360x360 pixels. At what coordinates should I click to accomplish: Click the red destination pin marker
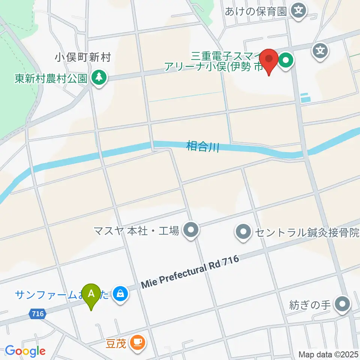(269, 60)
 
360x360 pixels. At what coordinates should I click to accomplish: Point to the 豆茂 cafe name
(115, 343)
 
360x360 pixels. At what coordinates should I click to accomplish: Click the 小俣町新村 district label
(83, 58)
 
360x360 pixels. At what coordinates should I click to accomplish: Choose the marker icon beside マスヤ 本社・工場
(191, 231)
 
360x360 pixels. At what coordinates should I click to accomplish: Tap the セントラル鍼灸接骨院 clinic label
(307, 232)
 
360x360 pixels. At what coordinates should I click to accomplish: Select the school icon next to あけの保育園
(299, 10)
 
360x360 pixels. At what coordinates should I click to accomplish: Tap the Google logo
(25, 351)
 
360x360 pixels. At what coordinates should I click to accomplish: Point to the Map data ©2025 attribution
(328, 354)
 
